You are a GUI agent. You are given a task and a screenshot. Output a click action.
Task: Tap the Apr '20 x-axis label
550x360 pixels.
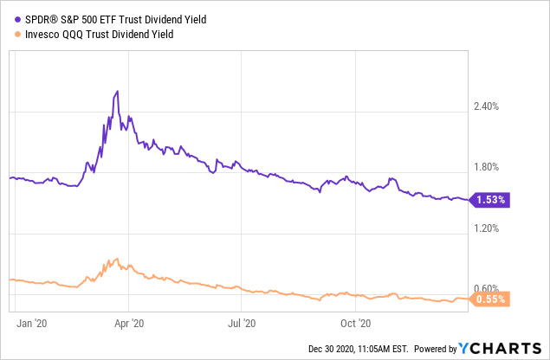tap(128, 323)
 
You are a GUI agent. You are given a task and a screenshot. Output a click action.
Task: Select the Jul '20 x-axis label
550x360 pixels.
tap(242, 323)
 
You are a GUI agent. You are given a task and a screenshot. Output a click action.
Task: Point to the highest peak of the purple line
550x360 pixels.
tap(117, 91)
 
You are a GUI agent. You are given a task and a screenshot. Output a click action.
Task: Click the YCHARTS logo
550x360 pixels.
tap(503, 349)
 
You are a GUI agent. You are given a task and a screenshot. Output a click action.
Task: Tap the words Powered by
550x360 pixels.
tap(435, 349)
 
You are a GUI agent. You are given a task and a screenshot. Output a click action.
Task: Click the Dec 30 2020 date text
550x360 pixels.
tap(333, 349)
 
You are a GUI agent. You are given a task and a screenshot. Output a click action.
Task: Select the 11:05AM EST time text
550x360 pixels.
tap(385, 349)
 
